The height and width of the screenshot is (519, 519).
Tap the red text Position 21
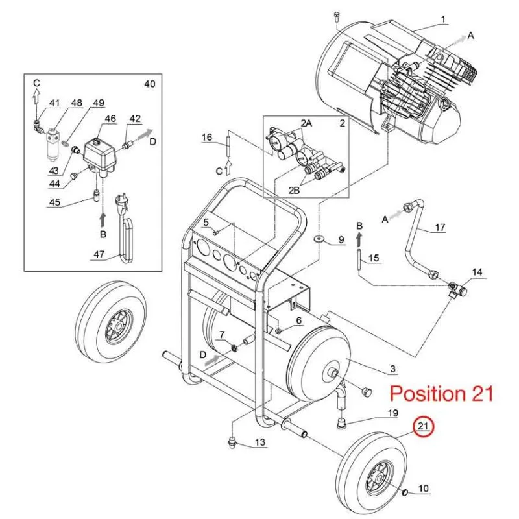pos(442,394)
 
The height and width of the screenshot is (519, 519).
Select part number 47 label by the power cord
pos(99,254)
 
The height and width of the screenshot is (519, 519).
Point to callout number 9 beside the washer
pos(341,239)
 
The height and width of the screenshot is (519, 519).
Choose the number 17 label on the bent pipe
pos(440,228)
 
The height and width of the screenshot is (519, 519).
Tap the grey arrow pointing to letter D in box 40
pos(143,133)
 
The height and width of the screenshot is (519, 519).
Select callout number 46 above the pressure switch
pos(110,119)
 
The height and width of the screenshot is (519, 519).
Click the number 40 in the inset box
pos(150,84)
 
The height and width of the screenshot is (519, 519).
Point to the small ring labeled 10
pos(404,493)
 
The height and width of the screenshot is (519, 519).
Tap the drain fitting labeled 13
pos(234,442)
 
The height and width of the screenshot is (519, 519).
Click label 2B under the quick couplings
pos(294,190)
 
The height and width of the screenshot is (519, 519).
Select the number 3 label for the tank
pos(392,368)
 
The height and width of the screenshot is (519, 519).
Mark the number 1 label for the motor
pos(443,19)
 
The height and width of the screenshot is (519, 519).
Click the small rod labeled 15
pos(359,260)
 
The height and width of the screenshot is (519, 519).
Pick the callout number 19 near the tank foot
pos(392,413)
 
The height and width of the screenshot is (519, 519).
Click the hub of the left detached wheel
pos(118,327)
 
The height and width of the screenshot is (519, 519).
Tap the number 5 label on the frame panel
pos(206,222)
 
